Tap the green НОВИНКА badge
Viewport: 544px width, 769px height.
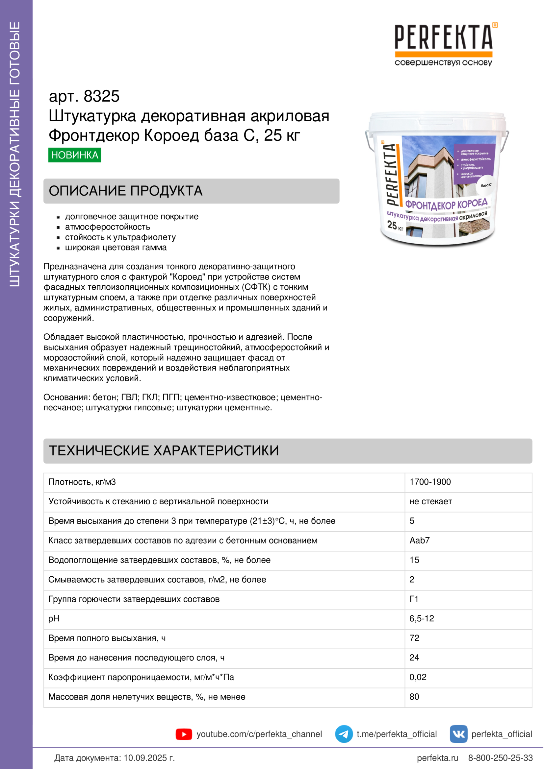tap(74, 155)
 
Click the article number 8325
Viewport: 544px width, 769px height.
tap(101, 96)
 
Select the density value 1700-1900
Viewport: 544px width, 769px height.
tap(430, 482)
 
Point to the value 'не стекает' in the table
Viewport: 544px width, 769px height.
tap(431, 501)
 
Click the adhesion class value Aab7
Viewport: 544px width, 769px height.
tap(420, 540)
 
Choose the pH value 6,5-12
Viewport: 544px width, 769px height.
tap(422, 618)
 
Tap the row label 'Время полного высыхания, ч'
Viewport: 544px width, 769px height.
tap(107, 638)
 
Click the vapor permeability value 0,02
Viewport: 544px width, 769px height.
tap(418, 677)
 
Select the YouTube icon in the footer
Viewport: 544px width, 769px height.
tap(184, 734)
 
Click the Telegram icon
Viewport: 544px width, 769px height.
tap(344, 734)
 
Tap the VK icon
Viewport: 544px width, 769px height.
tap(458, 734)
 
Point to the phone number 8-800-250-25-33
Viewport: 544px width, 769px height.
tap(501, 758)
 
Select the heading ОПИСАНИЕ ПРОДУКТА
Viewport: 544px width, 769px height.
tap(126, 191)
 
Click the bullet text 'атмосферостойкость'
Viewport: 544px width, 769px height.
tap(108, 227)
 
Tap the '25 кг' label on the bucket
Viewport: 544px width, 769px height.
tap(395, 226)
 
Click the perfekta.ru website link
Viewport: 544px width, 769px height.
tap(437, 758)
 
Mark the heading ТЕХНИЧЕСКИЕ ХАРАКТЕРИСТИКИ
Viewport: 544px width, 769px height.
tap(164, 451)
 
